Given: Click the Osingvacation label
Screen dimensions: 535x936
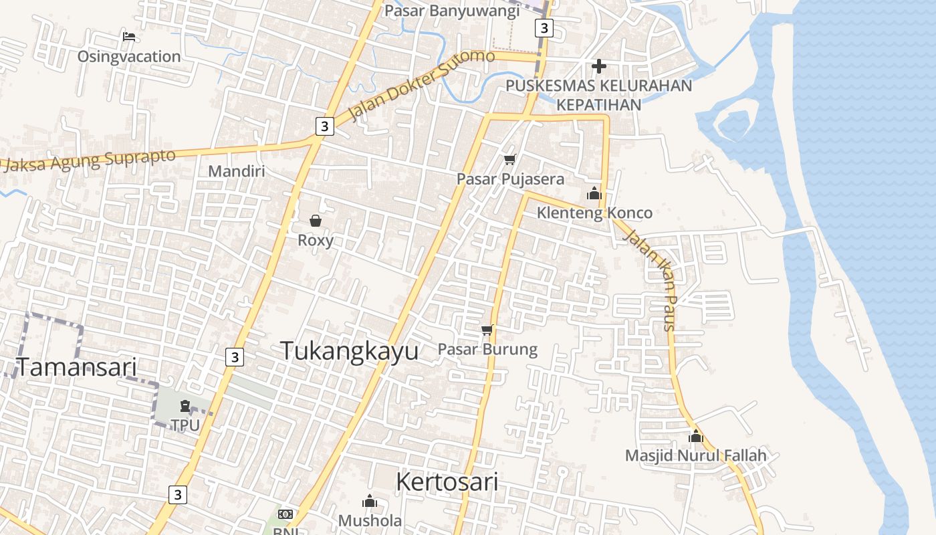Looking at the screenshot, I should point(129,57).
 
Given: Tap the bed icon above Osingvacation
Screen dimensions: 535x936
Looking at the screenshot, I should point(129,36).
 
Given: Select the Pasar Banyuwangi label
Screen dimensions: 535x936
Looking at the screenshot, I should point(452,11).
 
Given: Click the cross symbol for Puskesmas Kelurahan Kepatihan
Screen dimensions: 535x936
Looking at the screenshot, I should point(599,66).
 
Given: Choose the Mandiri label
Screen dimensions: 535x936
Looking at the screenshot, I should point(237,171).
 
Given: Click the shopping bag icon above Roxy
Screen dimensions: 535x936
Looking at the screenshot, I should point(316,221).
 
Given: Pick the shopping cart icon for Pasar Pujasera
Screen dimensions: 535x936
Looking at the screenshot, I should point(510,159).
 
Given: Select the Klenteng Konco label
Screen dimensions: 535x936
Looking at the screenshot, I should point(595,213).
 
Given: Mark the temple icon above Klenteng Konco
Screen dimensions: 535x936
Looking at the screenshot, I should point(594,194).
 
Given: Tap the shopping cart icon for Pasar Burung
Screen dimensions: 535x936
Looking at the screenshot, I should point(487,330).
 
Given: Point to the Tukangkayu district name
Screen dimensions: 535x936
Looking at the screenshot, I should point(349,351).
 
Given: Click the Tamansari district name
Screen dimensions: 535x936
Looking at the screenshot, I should point(76,367).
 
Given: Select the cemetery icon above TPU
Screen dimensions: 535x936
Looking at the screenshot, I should point(185,405).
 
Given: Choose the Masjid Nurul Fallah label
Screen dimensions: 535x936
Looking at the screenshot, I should point(695,456).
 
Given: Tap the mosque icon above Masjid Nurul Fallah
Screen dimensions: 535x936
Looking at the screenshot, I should point(696,436).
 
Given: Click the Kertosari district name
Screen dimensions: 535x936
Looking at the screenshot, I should point(447,481).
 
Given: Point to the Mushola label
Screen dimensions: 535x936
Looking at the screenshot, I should point(370,520).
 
